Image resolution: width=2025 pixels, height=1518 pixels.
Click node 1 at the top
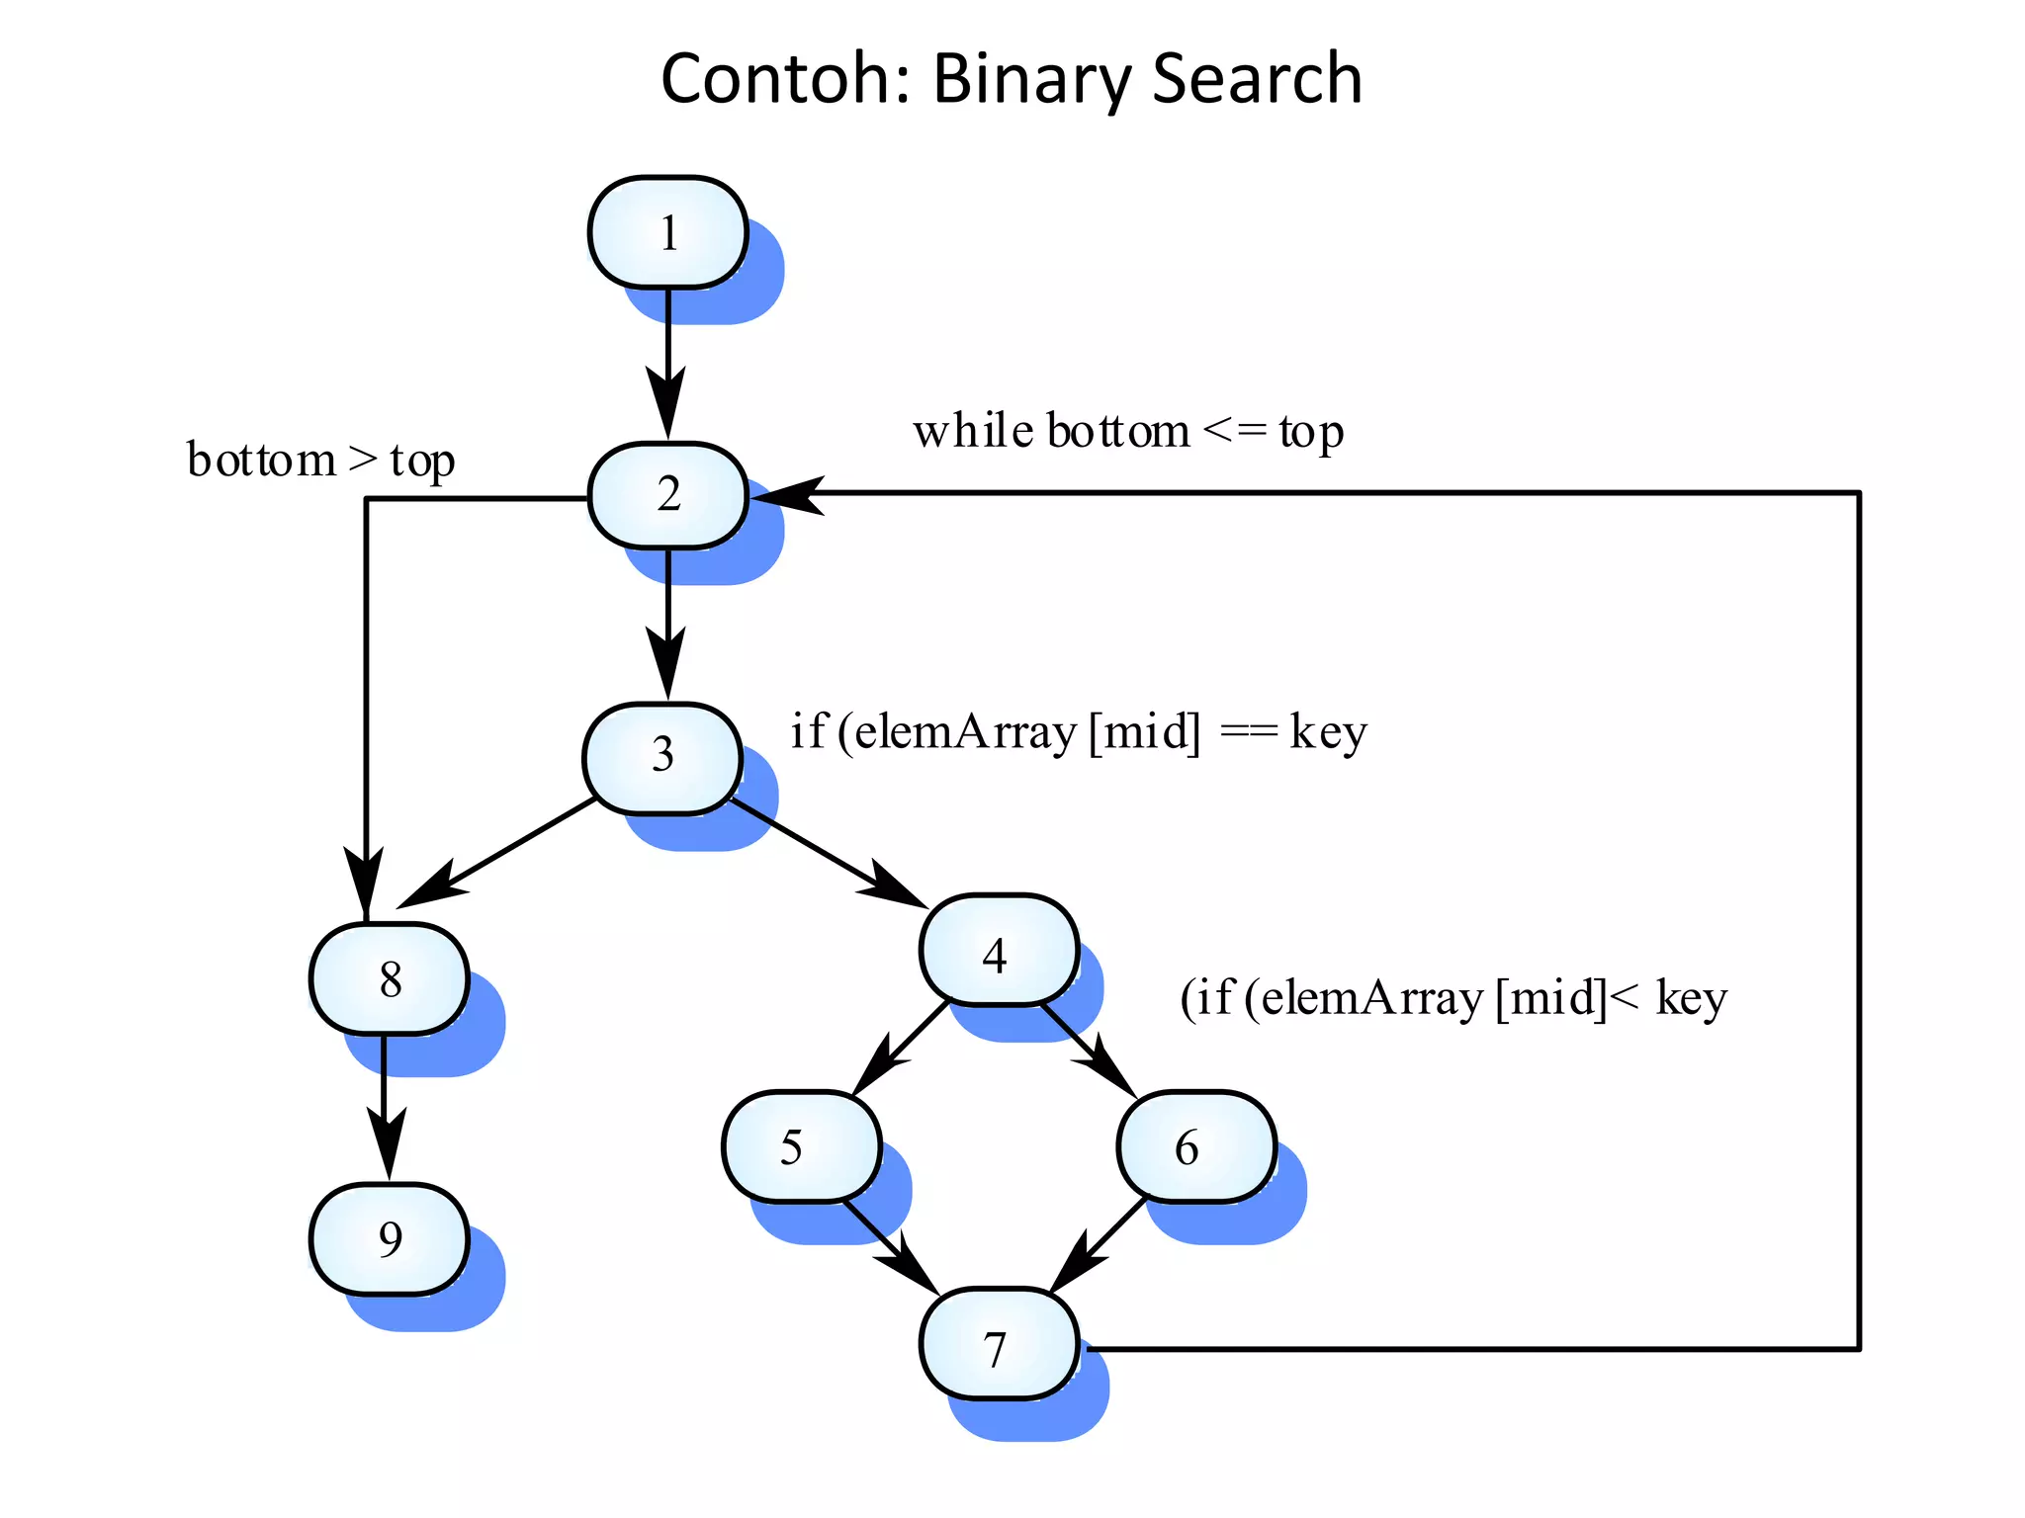point(667,233)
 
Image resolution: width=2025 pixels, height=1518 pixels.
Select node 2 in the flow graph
point(667,494)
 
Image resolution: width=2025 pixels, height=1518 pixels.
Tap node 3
point(661,757)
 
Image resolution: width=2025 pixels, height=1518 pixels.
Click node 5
point(801,1146)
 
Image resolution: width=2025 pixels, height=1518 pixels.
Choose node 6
point(1195,1146)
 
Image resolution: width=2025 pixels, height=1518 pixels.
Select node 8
point(389,978)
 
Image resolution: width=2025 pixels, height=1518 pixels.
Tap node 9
point(389,1238)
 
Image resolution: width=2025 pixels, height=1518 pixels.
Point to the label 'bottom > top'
point(320,461)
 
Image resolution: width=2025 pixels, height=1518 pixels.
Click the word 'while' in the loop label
point(973,432)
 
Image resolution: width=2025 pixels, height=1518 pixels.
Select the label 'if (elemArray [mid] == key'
point(1078,733)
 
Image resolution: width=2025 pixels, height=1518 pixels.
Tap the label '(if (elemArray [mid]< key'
point(1453,998)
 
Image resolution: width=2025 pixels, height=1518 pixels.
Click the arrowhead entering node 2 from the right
point(786,493)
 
